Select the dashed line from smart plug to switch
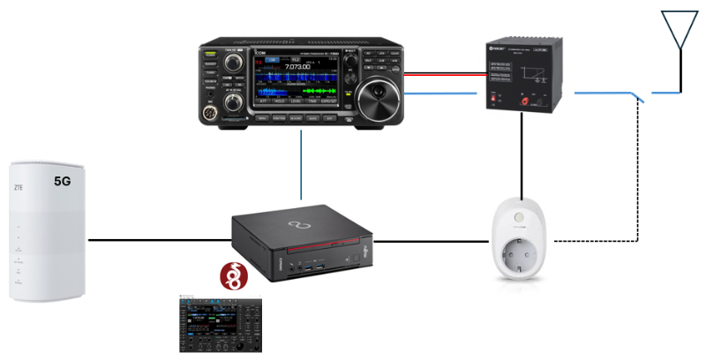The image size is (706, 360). tap(600, 240)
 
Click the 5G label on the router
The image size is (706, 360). tap(62, 181)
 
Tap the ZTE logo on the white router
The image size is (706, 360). tap(18, 187)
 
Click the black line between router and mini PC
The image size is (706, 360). tap(159, 239)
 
